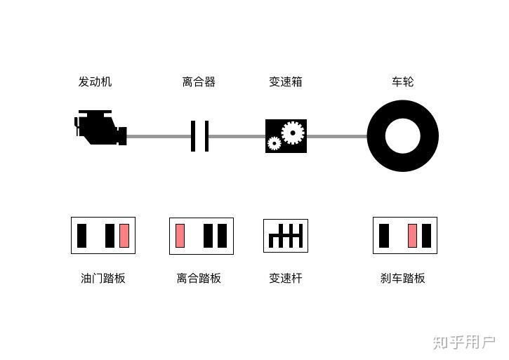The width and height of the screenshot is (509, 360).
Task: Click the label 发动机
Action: click(95, 82)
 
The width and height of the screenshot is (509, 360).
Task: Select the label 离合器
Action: click(199, 82)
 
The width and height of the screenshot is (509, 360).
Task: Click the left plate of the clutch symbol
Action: click(193, 136)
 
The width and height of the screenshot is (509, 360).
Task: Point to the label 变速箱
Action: click(286, 82)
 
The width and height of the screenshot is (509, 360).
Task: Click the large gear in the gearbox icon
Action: click(292, 131)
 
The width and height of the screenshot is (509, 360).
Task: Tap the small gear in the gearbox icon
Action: click(274, 143)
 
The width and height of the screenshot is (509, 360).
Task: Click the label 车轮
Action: click(402, 82)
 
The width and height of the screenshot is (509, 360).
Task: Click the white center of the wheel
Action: click(402, 136)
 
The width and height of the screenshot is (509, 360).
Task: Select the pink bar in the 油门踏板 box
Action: click(124, 236)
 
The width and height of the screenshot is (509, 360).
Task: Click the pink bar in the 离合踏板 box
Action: click(180, 236)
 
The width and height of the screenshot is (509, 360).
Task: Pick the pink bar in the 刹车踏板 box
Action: click(413, 236)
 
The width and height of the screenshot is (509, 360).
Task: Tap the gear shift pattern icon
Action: click(286, 236)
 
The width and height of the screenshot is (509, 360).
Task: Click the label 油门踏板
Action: click(103, 279)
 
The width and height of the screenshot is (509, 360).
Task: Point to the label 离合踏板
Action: click(199, 279)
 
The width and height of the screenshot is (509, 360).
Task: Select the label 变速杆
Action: click(286, 279)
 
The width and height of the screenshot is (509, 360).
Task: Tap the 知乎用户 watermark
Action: click(464, 342)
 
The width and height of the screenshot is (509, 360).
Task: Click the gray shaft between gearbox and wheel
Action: click(337, 136)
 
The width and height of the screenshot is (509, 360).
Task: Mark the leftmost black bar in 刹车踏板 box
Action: click(384, 236)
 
